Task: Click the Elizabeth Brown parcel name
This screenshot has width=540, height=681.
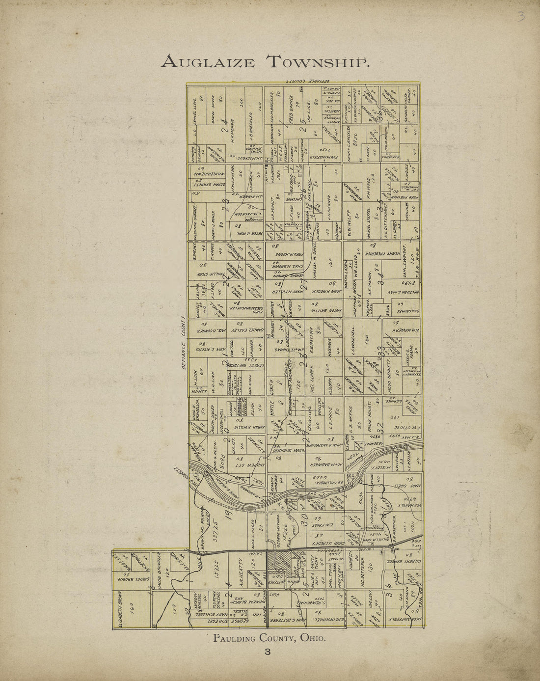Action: [121, 609]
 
